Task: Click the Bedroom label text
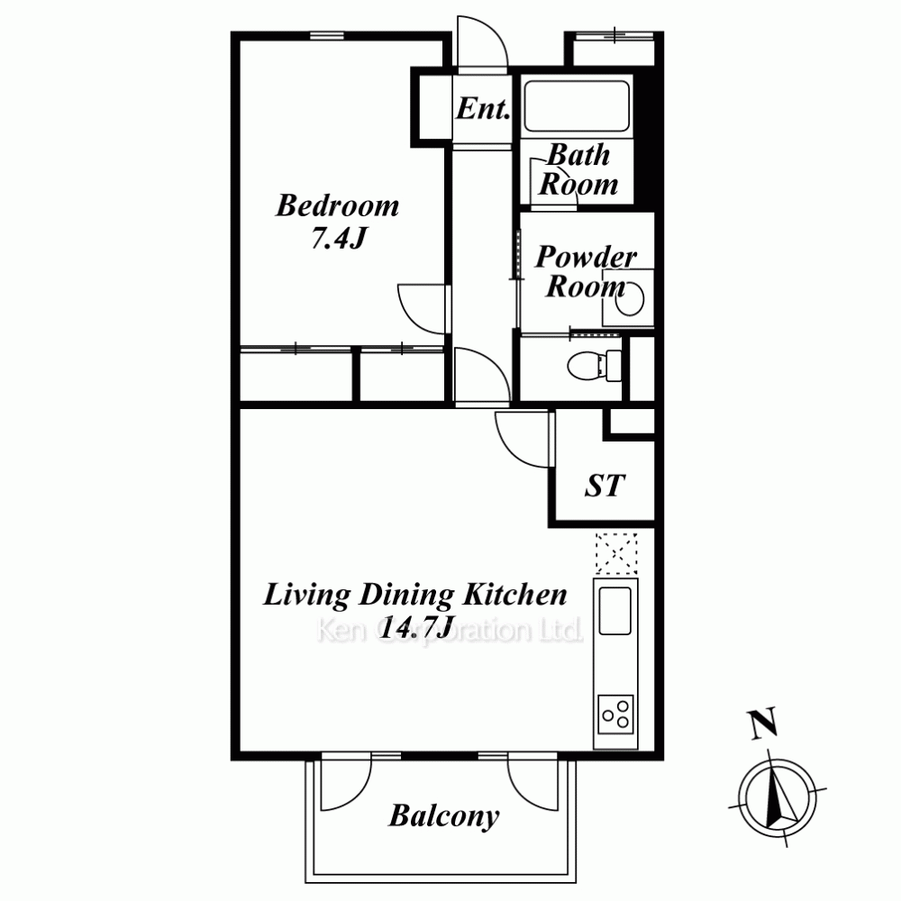point(337,205)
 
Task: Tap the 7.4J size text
point(339,237)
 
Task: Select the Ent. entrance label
point(483,108)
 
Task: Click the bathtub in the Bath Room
point(577,106)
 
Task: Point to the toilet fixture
point(594,366)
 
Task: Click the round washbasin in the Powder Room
point(629,297)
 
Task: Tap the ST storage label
point(605,487)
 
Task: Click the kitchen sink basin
point(614,611)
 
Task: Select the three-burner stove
point(615,714)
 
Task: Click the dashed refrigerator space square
point(616,553)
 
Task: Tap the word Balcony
point(444,816)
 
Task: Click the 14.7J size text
point(418,627)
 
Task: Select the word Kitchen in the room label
point(514,595)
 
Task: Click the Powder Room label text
point(586,272)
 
